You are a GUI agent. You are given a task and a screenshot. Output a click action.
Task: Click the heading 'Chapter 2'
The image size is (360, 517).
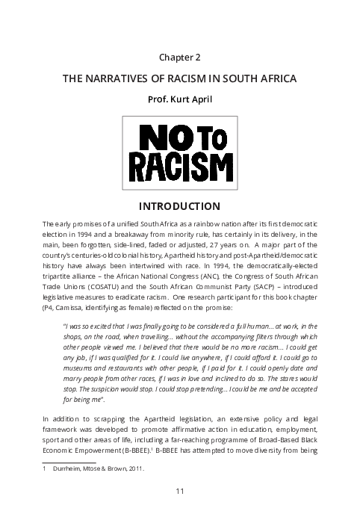pos(180,57)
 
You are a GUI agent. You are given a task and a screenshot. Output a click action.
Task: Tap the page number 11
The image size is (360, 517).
pos(180,490)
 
